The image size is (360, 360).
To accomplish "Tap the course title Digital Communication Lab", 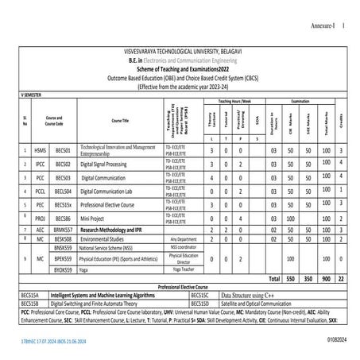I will [x=113, y=192].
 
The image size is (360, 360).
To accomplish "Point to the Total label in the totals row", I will [x=275, y=280].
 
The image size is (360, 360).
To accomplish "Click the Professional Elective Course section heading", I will [x=184, y=288].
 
